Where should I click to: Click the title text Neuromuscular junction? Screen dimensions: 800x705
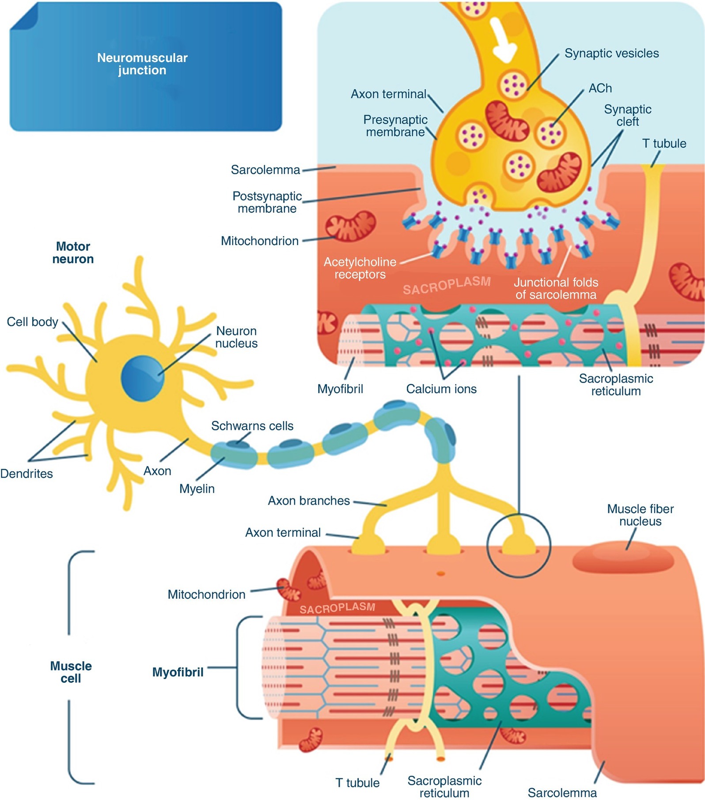[x=142, y=64]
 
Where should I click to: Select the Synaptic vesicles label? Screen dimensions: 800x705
[x=611, y=54]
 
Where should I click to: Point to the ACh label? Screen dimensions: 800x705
[x=600, y=88]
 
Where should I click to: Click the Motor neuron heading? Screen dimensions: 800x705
[x=73, y=253]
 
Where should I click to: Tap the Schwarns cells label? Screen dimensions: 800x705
[x=252, y=426]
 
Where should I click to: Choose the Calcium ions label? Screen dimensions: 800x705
[x=441, y=389]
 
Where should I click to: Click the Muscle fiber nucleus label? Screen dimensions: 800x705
[x=640, y=515]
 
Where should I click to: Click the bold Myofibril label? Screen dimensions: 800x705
[x=178, y=672]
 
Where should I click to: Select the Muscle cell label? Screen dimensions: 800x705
[x=71, y=672]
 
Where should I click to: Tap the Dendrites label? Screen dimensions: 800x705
[x=27, y=474]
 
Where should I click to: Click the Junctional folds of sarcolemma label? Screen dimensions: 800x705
[x=556, y=288]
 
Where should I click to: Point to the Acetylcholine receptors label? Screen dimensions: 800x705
[x=360, y=268]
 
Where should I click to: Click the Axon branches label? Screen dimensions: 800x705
[x=309, y=501]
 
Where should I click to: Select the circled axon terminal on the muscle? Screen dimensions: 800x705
[x=519, y=544]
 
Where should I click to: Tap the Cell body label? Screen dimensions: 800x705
[x=32, y=322]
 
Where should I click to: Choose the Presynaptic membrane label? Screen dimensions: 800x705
[x=395, y=126]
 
